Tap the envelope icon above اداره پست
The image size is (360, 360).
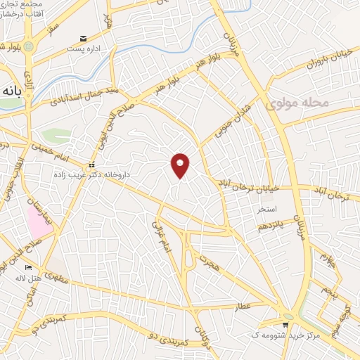84,38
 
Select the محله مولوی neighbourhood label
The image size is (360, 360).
299,103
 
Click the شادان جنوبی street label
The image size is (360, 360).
222,124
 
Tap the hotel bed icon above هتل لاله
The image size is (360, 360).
28,267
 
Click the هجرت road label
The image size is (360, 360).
208,263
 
